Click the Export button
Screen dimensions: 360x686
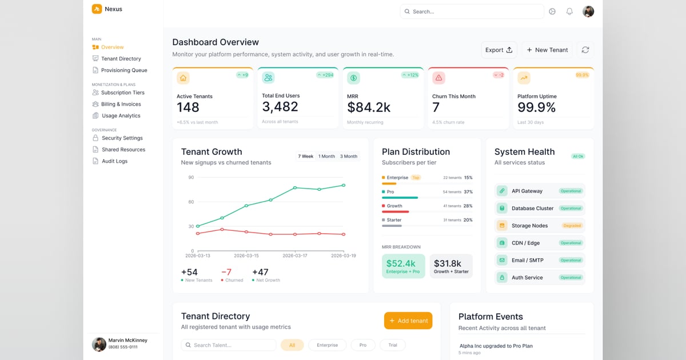(498, 50)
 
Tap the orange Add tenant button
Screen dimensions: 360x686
(408, 321)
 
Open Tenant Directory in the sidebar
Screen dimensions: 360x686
(121, 59)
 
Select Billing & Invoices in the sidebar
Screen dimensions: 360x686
(121, 104)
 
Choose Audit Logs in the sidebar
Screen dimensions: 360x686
(114, 161)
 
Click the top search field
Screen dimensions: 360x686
(472, 11)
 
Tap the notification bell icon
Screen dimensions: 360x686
(569, 11)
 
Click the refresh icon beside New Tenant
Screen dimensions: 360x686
(585, 50)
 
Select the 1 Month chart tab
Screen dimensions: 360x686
(326, 156)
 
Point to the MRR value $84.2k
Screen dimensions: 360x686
(369, 107)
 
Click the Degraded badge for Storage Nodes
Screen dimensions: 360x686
(572, 226)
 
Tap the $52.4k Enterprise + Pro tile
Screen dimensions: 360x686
(403, 266)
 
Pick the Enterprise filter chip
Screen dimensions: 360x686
(327, 345)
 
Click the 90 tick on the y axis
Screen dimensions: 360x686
(191, 178)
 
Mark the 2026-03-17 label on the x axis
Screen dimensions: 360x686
(294, 255)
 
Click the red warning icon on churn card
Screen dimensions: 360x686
(438, 78)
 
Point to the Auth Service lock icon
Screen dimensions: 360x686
(502, 278)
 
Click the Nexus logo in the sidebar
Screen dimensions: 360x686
(97, 9)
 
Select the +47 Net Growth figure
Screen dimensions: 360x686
(260, 273)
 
